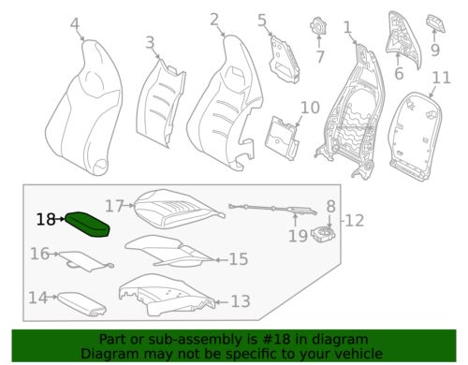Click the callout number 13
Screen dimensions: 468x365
coord(241,301)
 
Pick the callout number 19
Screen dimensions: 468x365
coord(297,236)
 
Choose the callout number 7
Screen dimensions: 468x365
coord(320,58)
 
